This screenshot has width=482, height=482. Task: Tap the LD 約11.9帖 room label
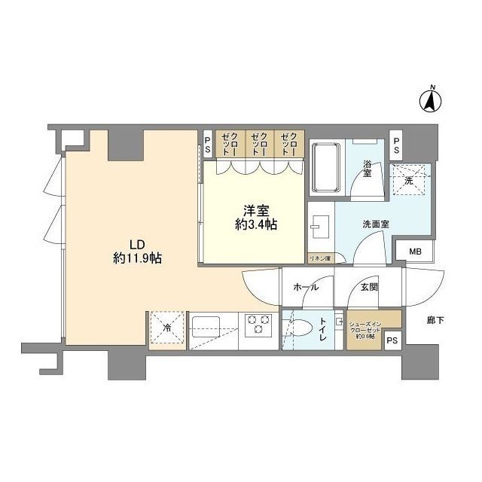[136, 251]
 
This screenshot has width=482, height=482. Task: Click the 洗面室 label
[374, 224]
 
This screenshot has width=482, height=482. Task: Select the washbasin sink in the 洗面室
[319, 225]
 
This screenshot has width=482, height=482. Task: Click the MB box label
[414, 252]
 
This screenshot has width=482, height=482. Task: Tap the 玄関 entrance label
[369, 286]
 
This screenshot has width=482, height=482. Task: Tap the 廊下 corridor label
[435, 320]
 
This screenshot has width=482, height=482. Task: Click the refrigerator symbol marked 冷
[166, 328]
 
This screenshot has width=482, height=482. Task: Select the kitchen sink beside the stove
[205, 327]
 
